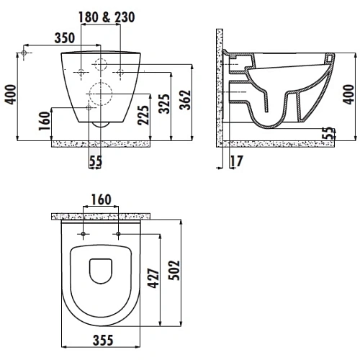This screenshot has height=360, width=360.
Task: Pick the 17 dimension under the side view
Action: tap(235, 162)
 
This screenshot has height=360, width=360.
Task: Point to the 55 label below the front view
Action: tap(95, 162)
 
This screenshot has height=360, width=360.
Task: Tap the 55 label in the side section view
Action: tap(330, 133)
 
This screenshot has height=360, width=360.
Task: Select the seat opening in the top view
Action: tap(102, 272)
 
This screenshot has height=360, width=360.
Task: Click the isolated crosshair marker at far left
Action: tap(26, 55)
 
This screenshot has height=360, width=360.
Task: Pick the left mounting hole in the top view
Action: tap(84, 235)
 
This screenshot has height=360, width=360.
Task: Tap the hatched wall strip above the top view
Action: tap(103, 216)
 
